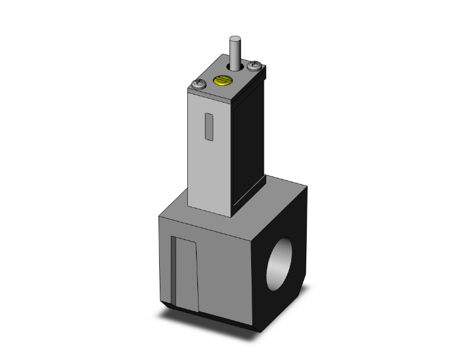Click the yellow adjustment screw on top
[x=220, y=80]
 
